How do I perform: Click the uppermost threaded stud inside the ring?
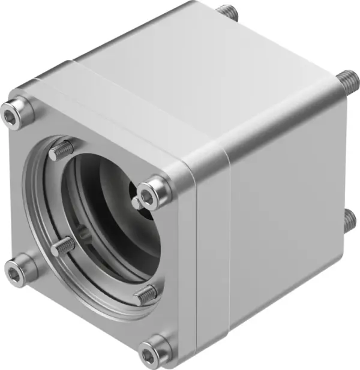[62, 150]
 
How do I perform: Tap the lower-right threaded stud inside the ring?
[145, 294]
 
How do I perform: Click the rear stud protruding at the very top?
[226, 11]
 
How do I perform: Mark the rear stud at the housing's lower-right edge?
[350, 220]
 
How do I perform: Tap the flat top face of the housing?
[198, 72]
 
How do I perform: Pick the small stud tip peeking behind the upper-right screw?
[137, 204]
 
